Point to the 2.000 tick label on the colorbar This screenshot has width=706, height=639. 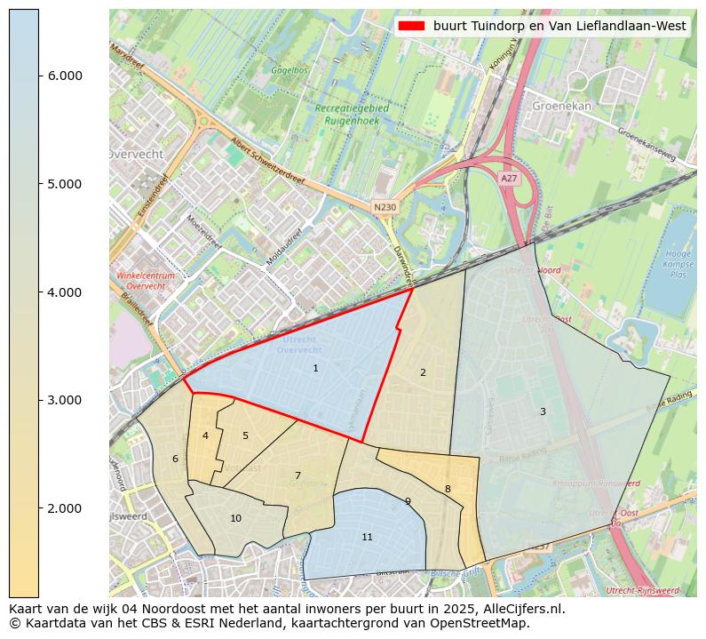(x=64, y=508)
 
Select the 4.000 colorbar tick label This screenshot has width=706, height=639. (x=64, y=292)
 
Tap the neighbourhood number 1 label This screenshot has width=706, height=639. (x=315, y=368)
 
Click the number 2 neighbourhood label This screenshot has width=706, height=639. (x=423, y=372)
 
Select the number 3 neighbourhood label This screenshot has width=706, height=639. (x=543, y=411)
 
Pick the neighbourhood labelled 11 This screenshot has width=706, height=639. (x=367, y=537)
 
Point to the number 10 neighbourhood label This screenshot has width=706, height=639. (x=235, y=518)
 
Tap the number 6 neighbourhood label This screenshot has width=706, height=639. (x=175, y=459)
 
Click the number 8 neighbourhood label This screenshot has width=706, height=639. (x=448, y=489)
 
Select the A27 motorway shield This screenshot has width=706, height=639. (x=508, y=179)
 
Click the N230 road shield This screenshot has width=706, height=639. (x=385, y=207)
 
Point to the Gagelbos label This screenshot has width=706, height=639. (x=289, y=69)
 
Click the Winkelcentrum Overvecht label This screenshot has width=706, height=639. (x=146, y=281)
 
